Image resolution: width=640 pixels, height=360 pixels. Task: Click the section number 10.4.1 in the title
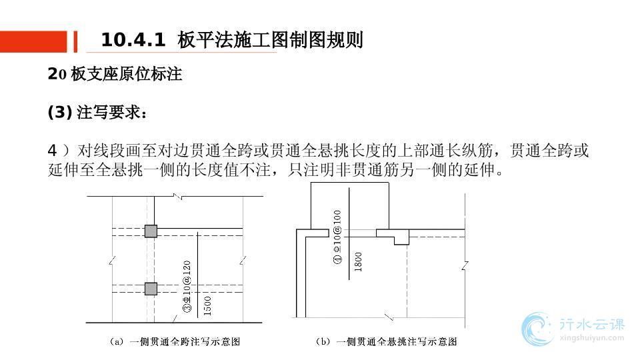tap(133, 41)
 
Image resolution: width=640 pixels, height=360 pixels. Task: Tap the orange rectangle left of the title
tap(33, 41)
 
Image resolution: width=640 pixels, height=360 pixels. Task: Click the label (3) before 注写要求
tap(59, 113)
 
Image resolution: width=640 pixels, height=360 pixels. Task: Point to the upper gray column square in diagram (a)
tap(151, 231)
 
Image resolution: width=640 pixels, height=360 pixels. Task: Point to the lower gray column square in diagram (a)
tap(151, 289)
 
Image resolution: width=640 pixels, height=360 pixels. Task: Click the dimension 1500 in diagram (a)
tap(207, 306)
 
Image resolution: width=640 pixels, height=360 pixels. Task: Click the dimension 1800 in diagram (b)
tap(359, 261)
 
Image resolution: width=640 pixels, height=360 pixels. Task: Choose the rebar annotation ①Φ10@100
tap(337, 237)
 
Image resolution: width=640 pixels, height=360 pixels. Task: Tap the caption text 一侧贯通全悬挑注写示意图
tap(397, 342)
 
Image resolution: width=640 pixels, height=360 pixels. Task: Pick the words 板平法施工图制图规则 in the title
tap(270, 41)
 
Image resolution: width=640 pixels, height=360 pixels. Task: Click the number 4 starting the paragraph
tap(53, 151)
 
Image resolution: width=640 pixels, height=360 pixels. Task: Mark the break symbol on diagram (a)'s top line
tap(177, 197)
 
